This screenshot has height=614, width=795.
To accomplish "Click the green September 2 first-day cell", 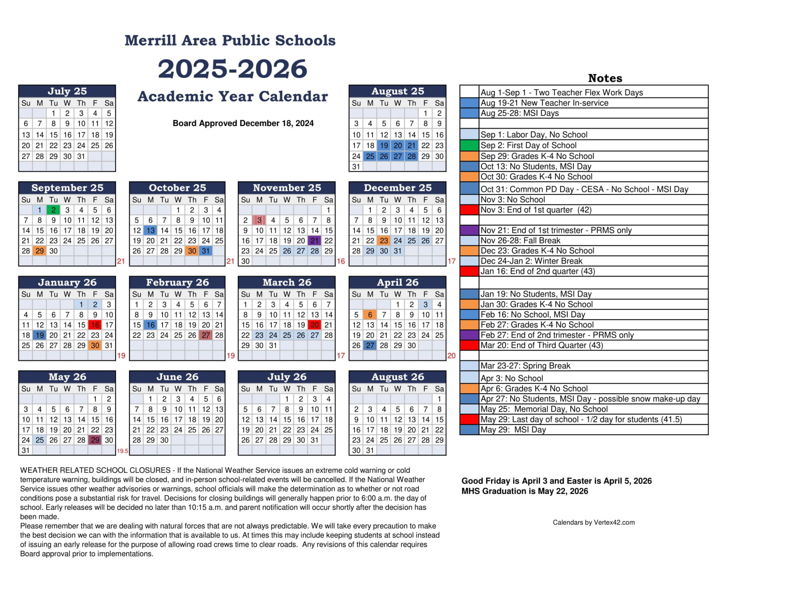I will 53,210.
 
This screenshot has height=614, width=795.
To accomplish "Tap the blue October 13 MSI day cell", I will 151,230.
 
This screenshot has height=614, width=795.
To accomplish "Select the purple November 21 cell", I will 314,240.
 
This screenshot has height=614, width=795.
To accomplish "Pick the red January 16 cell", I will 95,325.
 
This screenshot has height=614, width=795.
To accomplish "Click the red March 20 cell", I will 314,325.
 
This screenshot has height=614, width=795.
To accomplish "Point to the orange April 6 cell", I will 370,315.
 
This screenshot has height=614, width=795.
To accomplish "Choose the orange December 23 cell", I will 384,240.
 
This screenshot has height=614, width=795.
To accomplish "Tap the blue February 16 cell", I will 151,325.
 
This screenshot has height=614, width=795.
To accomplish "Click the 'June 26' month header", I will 177,377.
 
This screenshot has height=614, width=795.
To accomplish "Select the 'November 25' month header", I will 287,188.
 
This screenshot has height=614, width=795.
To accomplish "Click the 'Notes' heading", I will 605,78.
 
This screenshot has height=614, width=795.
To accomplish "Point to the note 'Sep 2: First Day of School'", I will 528,145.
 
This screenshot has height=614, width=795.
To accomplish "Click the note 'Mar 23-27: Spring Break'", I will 525,366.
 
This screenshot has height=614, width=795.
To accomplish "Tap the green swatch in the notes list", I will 469,145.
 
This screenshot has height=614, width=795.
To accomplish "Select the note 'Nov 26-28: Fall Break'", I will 520,240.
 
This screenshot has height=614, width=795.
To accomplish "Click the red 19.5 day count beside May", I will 122,451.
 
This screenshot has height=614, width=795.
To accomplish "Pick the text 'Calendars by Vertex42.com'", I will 594,522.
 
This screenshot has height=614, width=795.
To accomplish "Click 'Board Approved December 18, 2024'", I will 243,123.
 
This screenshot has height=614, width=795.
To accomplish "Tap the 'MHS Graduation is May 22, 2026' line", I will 524,491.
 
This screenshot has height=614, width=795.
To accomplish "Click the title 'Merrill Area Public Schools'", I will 230,40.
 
